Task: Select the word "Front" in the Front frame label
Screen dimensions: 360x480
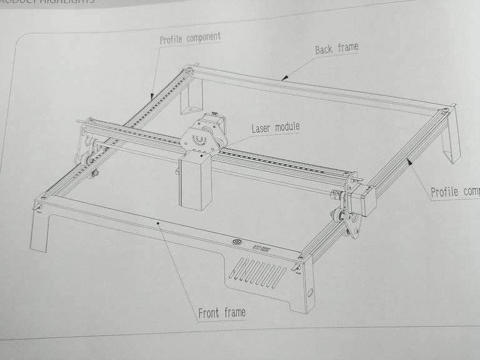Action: pos(208,312)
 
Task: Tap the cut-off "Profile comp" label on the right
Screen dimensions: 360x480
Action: pos(455,191)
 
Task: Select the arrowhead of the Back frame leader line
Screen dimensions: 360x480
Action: pos(283,79)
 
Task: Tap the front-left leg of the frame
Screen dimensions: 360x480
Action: pos(39,231)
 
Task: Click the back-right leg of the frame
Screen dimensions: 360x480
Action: pos(451,144)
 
